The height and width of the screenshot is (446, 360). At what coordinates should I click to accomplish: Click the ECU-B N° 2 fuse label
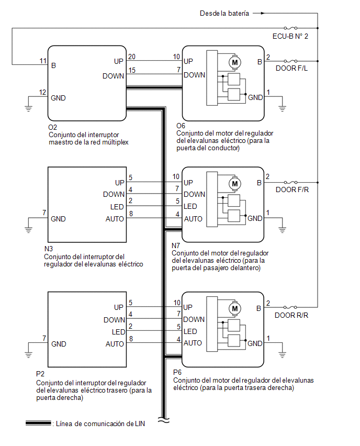(x=290, y=37)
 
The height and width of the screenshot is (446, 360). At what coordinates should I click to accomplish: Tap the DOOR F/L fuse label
(x=291, y=68)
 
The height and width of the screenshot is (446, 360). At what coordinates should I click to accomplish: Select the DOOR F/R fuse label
(x=292, y=189)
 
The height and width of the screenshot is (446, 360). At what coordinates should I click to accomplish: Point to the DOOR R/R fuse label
(x=291, y=315)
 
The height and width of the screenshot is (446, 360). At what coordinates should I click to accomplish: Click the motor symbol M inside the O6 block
(x=235, y=62)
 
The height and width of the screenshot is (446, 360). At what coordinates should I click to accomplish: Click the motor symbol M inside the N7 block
(x=235, y=184)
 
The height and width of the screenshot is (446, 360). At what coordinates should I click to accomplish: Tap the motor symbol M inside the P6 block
(x=235, y=309)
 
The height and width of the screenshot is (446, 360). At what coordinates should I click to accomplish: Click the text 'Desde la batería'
(x=224, y=14)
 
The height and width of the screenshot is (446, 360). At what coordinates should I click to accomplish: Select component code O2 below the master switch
(x=53, y=127)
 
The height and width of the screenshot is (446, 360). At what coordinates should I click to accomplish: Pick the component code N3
(x=49, y=249)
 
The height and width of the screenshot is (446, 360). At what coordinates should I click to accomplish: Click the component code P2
(x=40, y=374)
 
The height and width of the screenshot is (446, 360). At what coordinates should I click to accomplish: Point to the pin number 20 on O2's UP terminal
(x=132, y=57)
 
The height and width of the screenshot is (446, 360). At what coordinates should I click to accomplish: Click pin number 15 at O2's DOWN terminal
(x=132, y=70)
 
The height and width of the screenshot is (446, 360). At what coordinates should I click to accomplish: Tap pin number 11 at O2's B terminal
(x=43, y=61)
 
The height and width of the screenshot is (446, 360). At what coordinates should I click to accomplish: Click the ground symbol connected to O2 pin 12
(x=28, y=108)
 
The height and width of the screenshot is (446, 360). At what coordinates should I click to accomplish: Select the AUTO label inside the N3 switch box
(x=115, y=219)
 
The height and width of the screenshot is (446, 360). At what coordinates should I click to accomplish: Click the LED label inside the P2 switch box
(x=118, y=332)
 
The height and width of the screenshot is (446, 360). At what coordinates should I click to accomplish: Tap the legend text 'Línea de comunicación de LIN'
(x=100, y=424)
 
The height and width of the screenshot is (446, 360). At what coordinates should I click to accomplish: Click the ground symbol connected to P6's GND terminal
(x=282, y=354)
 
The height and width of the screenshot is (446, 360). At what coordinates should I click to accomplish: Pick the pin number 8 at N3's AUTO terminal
(x=131, y=214)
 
